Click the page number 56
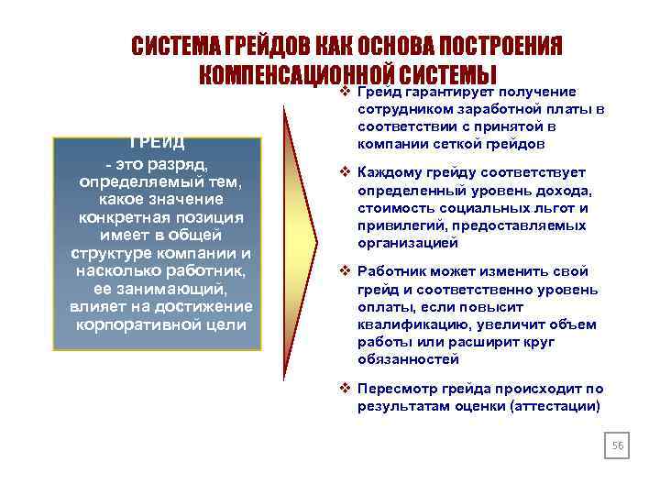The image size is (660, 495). click(617, 445)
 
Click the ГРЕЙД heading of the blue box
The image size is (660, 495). click(157, 143)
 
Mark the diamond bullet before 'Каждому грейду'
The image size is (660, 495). click(346, 172)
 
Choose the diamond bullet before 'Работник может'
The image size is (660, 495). click(346, 272)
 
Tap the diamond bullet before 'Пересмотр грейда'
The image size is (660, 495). click(346, 387)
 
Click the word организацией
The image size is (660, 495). click(407, 243)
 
